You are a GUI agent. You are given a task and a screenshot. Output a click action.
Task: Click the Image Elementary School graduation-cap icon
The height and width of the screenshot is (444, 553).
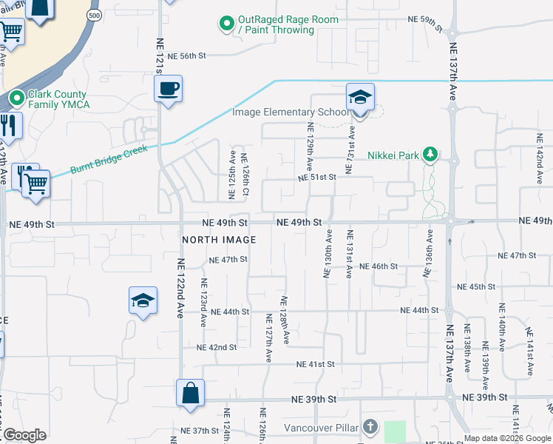point(360,98)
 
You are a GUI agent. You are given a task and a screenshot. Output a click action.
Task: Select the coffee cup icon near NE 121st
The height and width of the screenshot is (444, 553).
point(168,90)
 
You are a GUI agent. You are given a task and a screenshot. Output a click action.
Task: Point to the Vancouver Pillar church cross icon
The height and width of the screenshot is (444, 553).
point(370,427)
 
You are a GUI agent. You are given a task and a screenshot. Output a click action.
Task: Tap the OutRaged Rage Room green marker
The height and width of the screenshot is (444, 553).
point(227,24)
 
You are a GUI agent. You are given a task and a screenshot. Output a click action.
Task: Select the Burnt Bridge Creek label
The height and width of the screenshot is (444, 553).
point(109,159)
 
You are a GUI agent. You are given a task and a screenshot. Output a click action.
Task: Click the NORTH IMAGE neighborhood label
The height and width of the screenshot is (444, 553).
point(220,240)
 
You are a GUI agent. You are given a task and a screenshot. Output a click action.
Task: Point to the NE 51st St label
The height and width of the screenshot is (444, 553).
point(317,178)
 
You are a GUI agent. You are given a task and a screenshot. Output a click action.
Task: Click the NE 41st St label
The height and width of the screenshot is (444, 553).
point(316,364)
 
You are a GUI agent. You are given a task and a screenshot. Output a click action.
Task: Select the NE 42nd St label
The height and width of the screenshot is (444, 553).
point(217,347)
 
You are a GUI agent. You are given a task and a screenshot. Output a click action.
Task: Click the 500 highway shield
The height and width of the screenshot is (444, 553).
point(93,15)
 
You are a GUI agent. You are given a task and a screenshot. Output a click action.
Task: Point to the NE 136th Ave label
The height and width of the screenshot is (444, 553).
point(428,254)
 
